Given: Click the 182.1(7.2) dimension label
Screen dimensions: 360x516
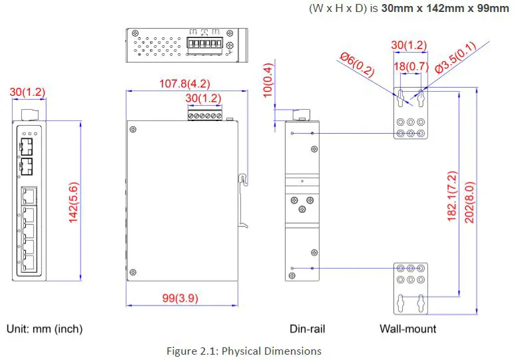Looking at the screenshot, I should [x=451, y=196].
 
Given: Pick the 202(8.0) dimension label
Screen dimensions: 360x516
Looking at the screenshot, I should [x=469, y=196].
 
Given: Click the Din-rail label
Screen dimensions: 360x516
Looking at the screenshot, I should [x=307, y=329].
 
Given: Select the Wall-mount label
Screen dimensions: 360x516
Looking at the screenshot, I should [x=408, y=329].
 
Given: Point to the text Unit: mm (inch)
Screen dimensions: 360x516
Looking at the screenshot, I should [x=45, y=329].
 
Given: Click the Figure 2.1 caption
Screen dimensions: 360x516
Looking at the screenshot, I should [x=244, y=351].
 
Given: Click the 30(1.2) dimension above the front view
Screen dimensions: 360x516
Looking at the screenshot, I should [x=28, y=91].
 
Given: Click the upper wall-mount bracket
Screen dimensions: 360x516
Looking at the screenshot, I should [x=410, y=113].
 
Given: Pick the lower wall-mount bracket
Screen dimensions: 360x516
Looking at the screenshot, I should [x=410, y=288].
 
